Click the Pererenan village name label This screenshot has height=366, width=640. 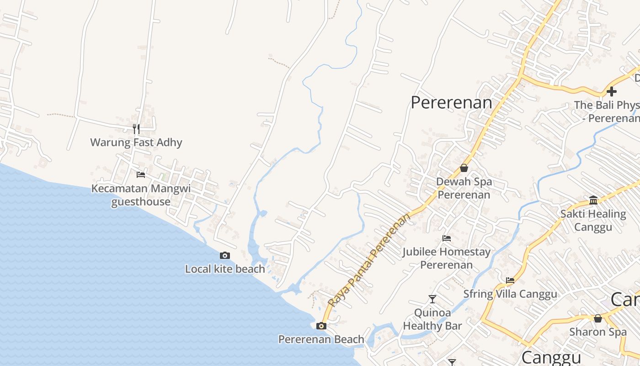(x=451, y=102)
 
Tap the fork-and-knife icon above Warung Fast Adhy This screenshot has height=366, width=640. (x=136, y=129)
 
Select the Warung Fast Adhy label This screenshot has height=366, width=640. (x=136, y=142)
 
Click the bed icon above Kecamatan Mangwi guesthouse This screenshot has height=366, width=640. (x=141, y=175)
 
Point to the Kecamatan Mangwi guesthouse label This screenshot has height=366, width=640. (x=141, y=195)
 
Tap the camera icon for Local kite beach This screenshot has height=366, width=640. (x=225, y=256)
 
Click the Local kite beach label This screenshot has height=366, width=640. (x=225, y=269)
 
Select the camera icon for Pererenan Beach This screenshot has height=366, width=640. (x=321, y=326)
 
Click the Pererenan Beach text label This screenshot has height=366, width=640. (x=321, y=339)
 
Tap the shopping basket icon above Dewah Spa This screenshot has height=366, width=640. (x=464, y=168)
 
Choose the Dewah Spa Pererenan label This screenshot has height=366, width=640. (x=464, y=188)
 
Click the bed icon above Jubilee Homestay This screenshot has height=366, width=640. (x=447, y=238)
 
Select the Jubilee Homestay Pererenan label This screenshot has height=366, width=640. (x=446, y=258)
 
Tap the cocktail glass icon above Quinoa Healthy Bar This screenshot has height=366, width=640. (x=432, y=299)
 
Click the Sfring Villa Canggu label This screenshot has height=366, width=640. (x=510, y=294)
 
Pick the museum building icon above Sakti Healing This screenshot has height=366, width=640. (x=593, y=200)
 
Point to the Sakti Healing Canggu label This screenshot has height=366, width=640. (x=593, y=220)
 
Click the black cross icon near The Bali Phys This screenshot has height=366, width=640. (x=611, y=91)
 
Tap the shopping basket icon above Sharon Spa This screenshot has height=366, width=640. (x=598, y=318)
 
